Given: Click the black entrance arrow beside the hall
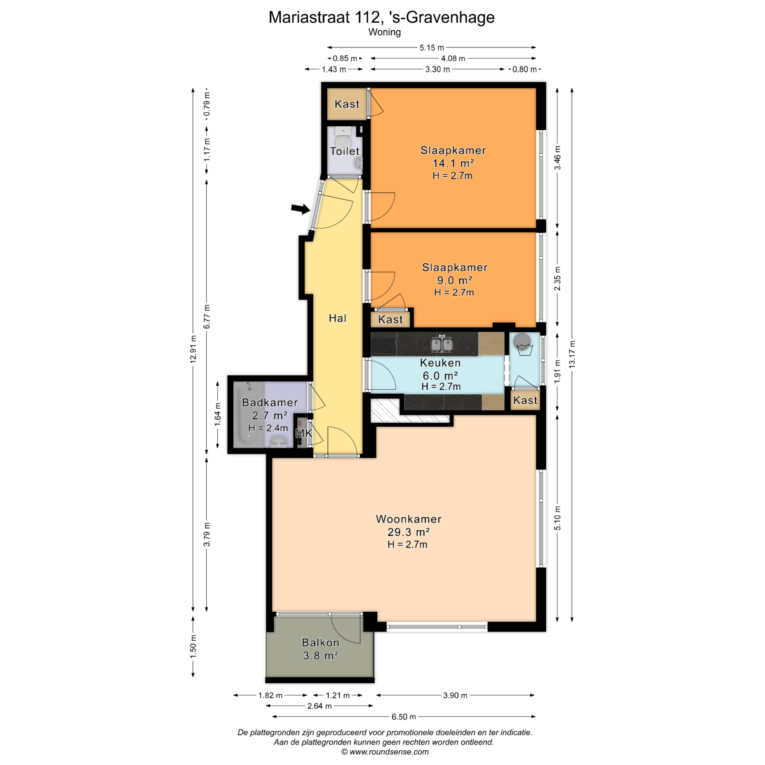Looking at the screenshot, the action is pos(300,208).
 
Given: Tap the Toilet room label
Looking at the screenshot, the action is pos(345,151).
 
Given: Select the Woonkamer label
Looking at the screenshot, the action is pos(409,519).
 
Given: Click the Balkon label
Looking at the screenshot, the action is pos(321,642).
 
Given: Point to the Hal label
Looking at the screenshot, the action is pos(337,318).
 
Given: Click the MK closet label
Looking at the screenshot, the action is pos(304,433).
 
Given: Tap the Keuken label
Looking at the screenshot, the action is pos(440,363).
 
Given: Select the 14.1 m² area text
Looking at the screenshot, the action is pos(453,163).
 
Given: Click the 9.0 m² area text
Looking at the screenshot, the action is pos(455,280).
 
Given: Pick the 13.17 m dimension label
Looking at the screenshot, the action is pos(572,354).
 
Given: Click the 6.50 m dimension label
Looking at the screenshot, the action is pos(404,716).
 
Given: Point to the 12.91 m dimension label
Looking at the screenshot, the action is pos(193,349).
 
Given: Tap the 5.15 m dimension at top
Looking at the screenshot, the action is pos(432,47).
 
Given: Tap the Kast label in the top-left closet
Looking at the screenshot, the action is pos(347,104).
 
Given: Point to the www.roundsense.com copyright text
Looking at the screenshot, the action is pos(385,751).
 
